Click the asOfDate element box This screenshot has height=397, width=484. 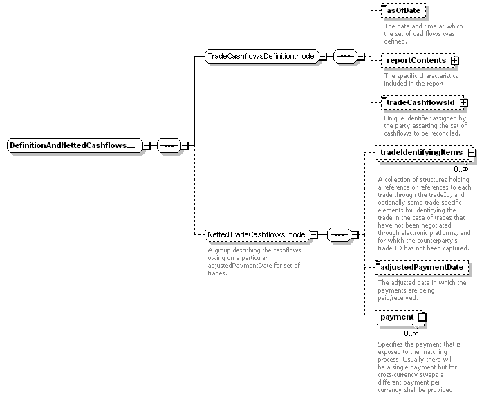tap(403, 11)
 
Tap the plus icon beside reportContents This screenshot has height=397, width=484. tap(454, 61)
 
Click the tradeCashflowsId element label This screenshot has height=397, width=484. tap(420, 102)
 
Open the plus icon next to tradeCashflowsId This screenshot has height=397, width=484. tap(463, 103)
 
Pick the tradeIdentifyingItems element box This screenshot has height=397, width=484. tap(425, 153)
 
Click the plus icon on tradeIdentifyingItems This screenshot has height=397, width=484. tap(472, 152)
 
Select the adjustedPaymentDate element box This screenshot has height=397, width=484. tap(422, 268)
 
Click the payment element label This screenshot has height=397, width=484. tap(397, 317)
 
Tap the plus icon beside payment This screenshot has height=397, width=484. tap(422, 317)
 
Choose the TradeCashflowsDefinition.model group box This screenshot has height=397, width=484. tap(261, 57)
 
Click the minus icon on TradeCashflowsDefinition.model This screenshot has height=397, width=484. tap(323, 57)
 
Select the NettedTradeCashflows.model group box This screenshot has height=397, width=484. tap(257, 234)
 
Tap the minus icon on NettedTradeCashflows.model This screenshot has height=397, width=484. tap(313, 235)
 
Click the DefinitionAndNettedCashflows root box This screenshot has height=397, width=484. tap(75, 145)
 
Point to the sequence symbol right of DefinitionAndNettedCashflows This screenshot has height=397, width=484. tap(169, 145)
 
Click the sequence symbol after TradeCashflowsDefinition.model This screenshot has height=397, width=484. tap(345, 57)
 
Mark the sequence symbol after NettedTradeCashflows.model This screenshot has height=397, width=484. tap(339, 235)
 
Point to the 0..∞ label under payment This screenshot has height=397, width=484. tap(411, 333)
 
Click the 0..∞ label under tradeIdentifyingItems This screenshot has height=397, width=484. tap(461, 169)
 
